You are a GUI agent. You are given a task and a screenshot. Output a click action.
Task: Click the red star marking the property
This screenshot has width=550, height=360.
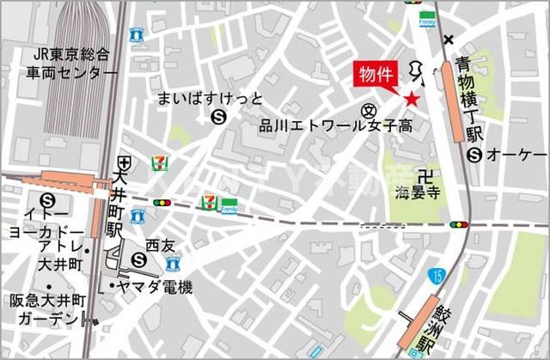tap(412, 100)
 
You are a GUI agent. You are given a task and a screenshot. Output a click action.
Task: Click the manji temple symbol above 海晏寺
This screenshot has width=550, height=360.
tap(420, 172)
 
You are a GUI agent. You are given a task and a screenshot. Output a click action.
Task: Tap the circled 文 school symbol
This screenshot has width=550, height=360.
tap(369, 109)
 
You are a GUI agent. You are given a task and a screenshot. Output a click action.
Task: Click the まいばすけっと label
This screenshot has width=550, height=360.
tap(210, 98)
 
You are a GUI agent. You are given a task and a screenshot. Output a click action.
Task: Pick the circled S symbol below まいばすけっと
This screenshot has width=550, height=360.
tap(218, 118)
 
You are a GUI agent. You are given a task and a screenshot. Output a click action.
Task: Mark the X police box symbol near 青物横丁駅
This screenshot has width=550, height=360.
tap(448, 40)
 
